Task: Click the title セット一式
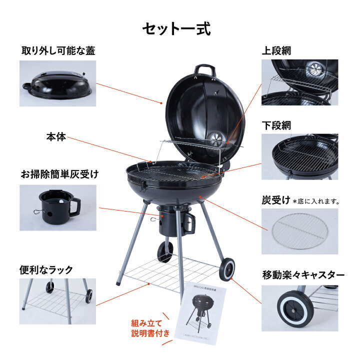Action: (176, 28)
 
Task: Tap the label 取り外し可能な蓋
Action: (58, 51)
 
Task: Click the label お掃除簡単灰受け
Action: (59, 174)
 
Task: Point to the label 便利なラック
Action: (46, 269)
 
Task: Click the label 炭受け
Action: (276, 200)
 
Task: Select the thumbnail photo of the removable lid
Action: (57, 83)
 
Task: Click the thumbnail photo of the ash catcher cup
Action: (57, 207)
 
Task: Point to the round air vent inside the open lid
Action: (217, 137)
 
